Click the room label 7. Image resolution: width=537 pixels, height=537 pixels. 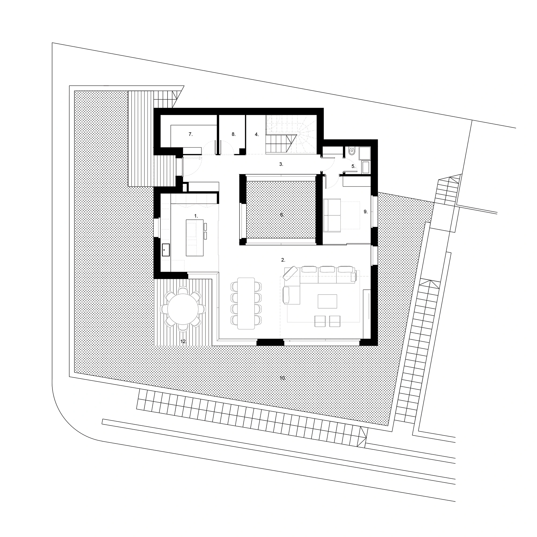(x=190, y=134)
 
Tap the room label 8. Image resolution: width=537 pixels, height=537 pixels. (x=234, y=134)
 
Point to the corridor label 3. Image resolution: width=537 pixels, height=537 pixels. (x=281, y=164)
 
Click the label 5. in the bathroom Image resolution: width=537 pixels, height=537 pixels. (x=353, y=166)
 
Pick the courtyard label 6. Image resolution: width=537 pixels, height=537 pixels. (x=282, y=215)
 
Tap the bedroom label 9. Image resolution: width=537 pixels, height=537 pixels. (x=365, y=212)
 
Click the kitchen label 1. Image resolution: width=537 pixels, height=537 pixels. (x=196, y=216)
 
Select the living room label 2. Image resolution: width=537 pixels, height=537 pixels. (x=283, y=260)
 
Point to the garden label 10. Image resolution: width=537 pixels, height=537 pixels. (x=282, y=378)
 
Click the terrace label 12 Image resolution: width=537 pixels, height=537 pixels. (x=183, y=341)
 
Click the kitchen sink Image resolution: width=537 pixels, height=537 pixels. (x=166, y=250)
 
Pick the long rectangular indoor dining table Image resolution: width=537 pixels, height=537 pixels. (x=246, y=303)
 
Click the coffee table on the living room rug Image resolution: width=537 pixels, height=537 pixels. (x=327, y=302)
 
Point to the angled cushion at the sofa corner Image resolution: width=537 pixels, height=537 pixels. (x=290, y=273)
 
